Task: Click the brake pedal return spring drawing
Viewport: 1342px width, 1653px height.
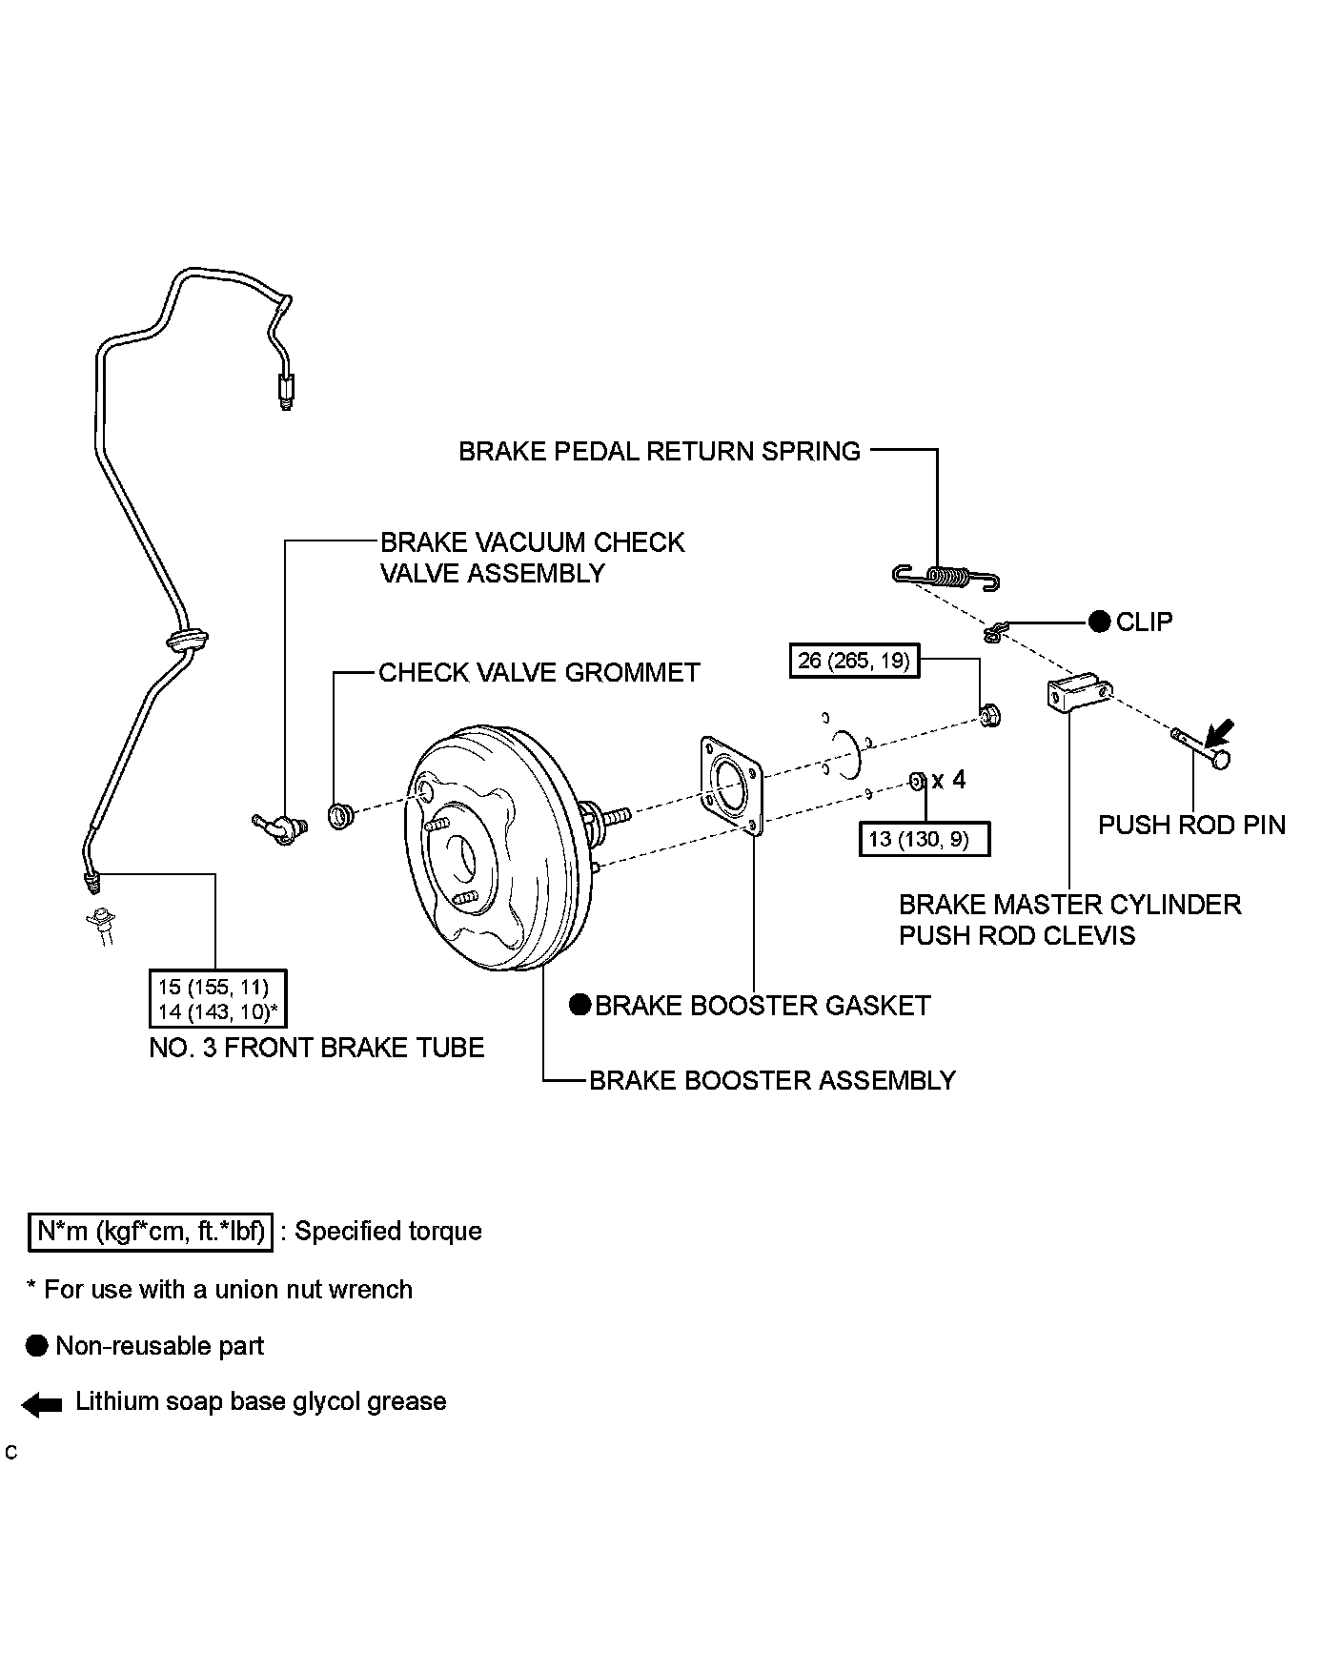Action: pos(945,576)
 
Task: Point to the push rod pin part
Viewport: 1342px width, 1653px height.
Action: pos(1201,746)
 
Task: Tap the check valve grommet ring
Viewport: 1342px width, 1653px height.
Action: pos(340,815)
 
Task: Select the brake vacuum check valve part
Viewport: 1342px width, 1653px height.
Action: pos(276,826)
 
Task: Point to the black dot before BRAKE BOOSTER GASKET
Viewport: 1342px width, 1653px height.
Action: pos(579,1005)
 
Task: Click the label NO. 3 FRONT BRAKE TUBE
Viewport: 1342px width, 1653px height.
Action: pos(317,1048)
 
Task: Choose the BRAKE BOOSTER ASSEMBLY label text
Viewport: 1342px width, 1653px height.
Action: pos(772,1080)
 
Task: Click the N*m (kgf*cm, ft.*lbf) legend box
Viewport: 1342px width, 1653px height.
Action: pos(150,1231)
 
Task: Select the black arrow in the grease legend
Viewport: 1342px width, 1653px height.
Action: pos(42,1403)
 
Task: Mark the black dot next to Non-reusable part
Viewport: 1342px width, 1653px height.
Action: pos(37,1346)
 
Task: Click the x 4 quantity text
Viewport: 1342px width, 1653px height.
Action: pos(948,780)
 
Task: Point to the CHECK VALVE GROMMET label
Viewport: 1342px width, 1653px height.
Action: pos(539,672)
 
